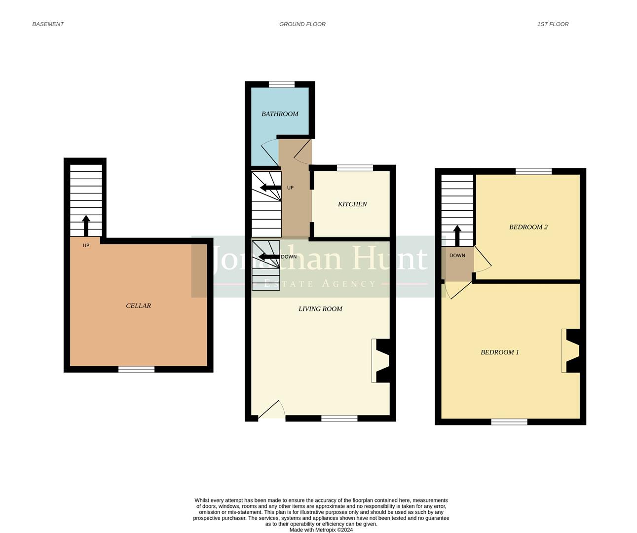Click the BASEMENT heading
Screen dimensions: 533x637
48,24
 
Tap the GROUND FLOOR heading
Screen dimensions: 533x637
302,24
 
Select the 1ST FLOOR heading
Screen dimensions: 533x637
553,24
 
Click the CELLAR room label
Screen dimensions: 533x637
138,306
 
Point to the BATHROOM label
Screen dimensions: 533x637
280,114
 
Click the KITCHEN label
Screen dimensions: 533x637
352,204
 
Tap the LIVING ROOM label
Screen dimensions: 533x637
320,309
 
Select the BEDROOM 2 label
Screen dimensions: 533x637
528,227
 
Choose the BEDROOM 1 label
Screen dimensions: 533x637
499,352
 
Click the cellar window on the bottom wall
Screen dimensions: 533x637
136,369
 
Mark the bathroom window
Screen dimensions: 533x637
281,84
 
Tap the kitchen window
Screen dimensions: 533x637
355,168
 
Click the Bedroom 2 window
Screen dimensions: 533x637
533,171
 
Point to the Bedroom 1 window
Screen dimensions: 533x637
509,422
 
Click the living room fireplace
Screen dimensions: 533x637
381,361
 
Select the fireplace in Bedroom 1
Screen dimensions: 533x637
571,350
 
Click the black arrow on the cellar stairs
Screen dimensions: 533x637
86,226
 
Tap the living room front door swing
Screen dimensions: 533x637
271,410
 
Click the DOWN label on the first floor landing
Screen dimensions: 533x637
457,256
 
